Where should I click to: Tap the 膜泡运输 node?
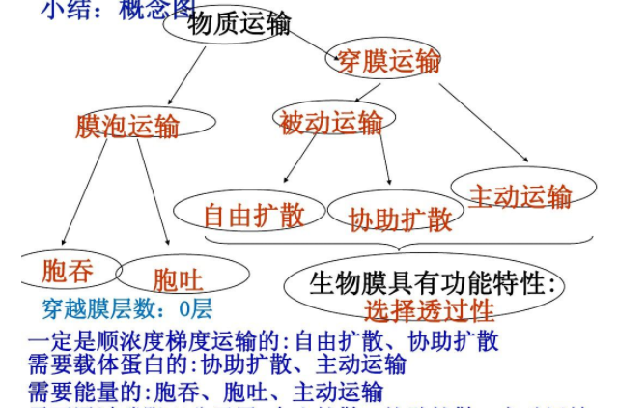pyautogui.click(x=128, y=127)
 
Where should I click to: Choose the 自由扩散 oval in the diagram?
pyautogui.click(x=254, y=214)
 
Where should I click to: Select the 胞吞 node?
pyautogui.click(x=68, y=271)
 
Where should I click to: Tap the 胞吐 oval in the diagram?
pyautogui.click(x=178, y=280)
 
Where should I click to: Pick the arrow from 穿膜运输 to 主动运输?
pyautogui.click(x=483, y=121)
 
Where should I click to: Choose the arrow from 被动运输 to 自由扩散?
pyautogui.click(x=299, y=160)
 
